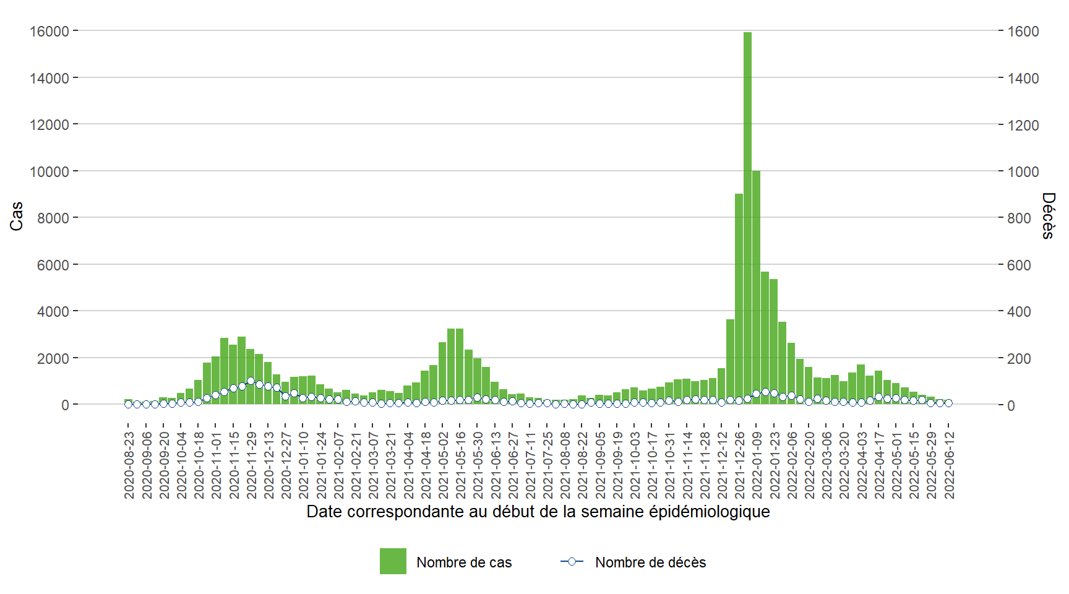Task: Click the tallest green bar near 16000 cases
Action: coord(747,217)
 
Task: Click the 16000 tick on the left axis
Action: coord(49,31)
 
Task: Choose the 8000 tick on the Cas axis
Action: coord(53,218)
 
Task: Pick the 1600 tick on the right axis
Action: coord(1023,32)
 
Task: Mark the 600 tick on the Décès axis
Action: coord(1020,265)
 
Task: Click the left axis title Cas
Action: coord(17,216)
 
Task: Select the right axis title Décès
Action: coord(1047,215)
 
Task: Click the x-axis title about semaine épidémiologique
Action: coord(538,512)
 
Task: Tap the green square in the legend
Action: coord(393,561)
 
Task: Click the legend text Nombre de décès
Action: coord(650,562)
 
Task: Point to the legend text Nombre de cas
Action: coord(464,562)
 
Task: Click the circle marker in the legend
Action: coord(572,561)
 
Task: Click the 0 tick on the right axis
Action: coord(1011,405)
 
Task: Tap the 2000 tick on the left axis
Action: coord(53,358)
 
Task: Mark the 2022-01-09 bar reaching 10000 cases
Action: coord(756,288)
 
